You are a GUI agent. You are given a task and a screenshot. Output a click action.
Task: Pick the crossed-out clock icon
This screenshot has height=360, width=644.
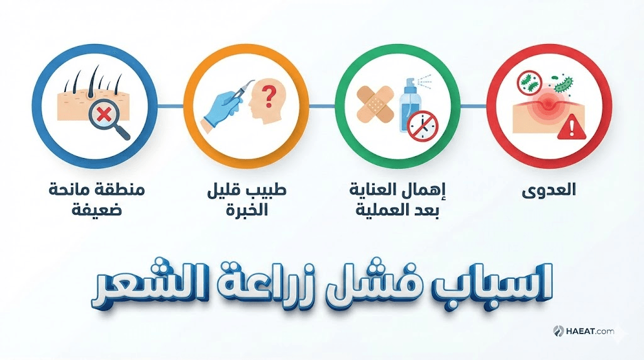(x=423, y=126)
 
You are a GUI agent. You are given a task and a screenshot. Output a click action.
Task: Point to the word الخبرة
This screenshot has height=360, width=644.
(x=247, y=210)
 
